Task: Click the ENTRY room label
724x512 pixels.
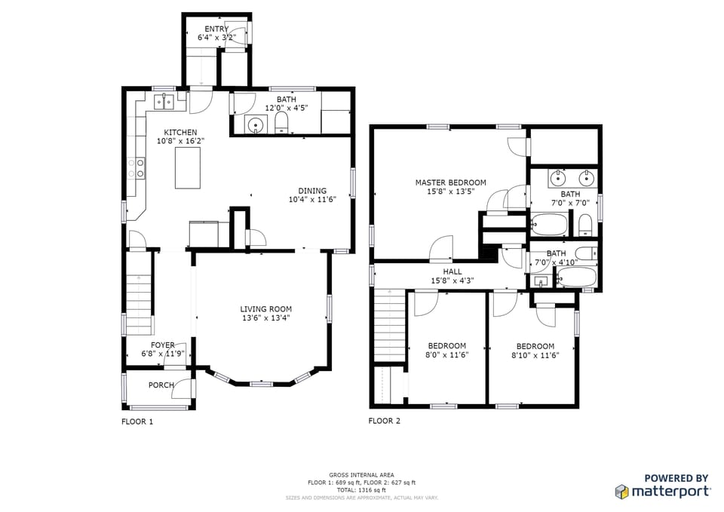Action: [216, 29]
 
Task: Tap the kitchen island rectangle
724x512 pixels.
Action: [188, 167]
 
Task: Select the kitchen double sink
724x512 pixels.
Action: [164, 101]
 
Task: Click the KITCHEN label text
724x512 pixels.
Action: [180, 133]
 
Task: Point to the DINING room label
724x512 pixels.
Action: [311, 191]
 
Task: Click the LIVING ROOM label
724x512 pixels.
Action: [265, 309]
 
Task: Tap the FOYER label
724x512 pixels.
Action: [162, 345]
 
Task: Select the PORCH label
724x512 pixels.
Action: [161, 385]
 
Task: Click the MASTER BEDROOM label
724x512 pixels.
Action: [450, 182]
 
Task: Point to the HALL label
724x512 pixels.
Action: [452, 271]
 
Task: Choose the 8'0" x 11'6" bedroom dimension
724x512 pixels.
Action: [448, 355]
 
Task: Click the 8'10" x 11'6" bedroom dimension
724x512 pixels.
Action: [535, 355]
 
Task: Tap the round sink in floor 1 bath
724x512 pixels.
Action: [256, 126]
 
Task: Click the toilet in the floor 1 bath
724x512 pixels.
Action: [281, 124]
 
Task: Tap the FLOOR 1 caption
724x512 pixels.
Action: [137, 422]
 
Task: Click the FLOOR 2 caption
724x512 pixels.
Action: [384, 421]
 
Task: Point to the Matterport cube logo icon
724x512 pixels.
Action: [622, 492]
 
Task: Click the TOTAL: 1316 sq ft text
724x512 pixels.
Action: [361, 490]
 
